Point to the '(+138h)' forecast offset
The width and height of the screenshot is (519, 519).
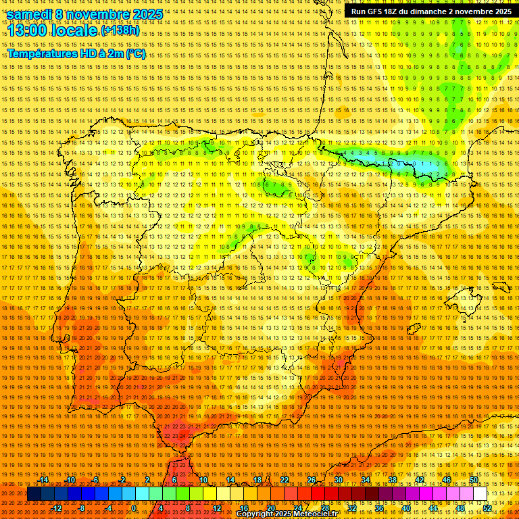tap(120, 31)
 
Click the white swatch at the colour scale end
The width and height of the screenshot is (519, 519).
tap(480, 494)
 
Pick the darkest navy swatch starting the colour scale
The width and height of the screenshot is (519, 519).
tap(34, 494)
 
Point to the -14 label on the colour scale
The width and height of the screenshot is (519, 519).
tap(44, 480)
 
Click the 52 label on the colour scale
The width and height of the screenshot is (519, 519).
tap(487, 508)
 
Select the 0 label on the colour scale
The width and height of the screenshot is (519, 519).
tap(134, 508)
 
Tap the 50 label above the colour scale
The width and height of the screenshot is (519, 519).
tap(474, 480)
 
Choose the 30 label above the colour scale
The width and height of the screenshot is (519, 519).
tap(339, 480)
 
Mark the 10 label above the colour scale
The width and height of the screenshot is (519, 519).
tap(203, 480)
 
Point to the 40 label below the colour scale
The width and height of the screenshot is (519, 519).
tap(405, 508)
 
